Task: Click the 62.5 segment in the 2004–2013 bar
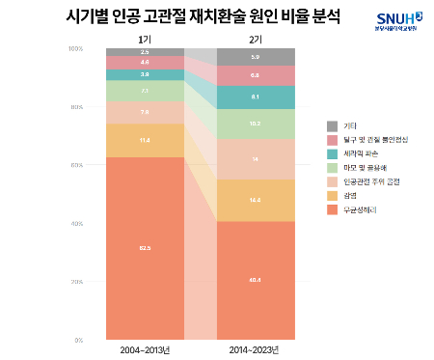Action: tap(145, 248)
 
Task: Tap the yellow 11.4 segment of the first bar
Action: tap(145, 140)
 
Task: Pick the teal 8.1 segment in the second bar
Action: tap(255, 97)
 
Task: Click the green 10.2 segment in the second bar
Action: tap(255, 124)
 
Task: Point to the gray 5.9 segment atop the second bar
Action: tap(255, 57)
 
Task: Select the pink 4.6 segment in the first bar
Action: tap(145, 62)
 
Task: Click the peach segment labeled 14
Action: tap(255, 158)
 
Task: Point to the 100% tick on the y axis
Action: tap(75, 48)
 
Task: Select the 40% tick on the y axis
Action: tap(75, 223)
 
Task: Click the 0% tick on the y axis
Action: tap(77, 340)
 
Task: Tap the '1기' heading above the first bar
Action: tap(145, 38)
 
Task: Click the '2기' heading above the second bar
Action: tap(255, 38)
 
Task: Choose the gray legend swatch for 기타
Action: tap(333, 126)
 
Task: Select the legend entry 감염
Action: tap(350, 195)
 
